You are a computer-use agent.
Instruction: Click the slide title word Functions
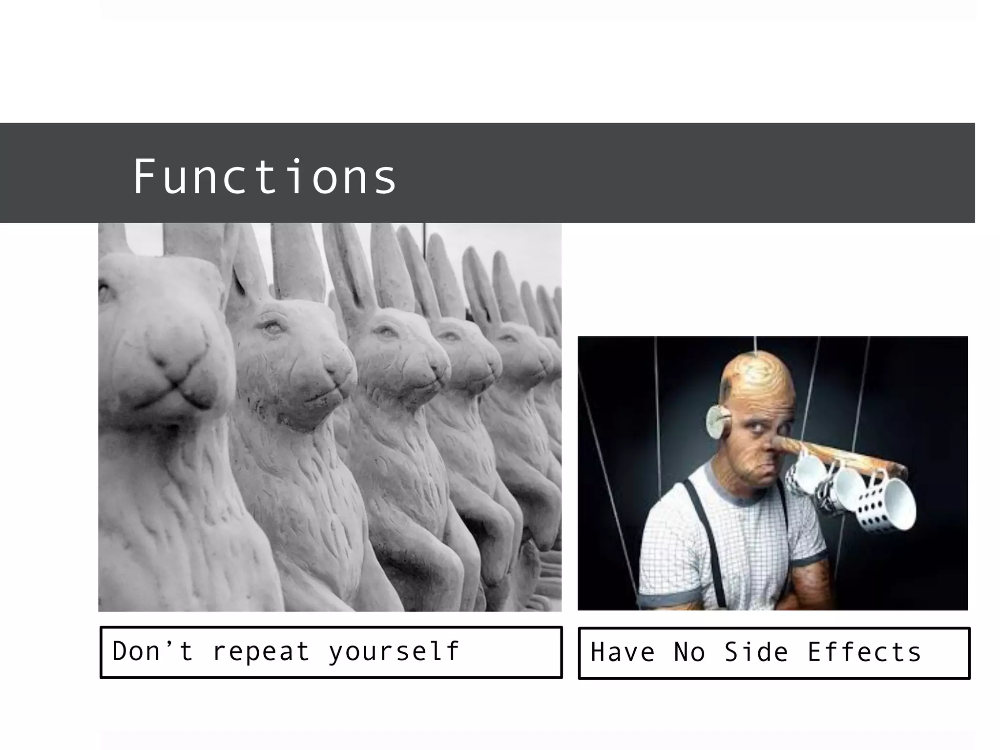click(x=265, y=176)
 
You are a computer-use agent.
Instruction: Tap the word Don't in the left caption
click(x=152, y=651)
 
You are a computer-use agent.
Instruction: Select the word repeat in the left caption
click(x=261, y=651)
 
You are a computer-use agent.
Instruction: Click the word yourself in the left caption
click(x=394, y=652)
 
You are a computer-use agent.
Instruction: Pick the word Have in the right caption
click(x=623, y=653)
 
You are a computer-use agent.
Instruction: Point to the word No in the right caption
click(x=689, y=653)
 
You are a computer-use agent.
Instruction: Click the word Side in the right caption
click(x=756, y=653)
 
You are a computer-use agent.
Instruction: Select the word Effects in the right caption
click(x=864, y=653)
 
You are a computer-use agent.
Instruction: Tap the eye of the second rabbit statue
click(x=272, y=327)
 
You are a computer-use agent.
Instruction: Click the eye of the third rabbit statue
click(x=386, y=332)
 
